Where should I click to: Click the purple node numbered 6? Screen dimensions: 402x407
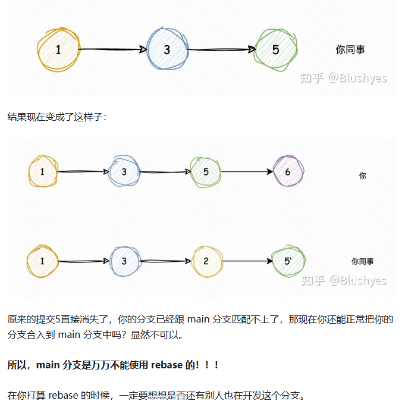288,171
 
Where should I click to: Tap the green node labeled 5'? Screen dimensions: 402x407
288,261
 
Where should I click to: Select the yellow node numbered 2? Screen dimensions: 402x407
206,261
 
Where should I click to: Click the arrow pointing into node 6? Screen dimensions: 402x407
247,172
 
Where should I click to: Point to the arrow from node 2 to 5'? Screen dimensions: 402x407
247,261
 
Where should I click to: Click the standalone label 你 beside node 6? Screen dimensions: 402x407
363,176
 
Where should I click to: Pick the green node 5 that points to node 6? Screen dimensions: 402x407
206,171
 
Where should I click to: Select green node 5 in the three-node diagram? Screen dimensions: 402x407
275,49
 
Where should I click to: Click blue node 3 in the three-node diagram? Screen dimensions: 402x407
167,50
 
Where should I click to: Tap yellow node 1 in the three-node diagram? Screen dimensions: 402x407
58,50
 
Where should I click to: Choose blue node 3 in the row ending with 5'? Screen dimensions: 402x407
124,261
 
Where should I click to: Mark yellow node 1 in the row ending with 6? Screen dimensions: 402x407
42,171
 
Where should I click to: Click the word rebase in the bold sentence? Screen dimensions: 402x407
166,365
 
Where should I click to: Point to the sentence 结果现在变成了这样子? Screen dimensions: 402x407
57,117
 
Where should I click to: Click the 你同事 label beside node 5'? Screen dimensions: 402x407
363,261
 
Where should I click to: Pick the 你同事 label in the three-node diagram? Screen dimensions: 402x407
350,50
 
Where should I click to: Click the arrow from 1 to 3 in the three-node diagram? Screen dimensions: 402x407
113,50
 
